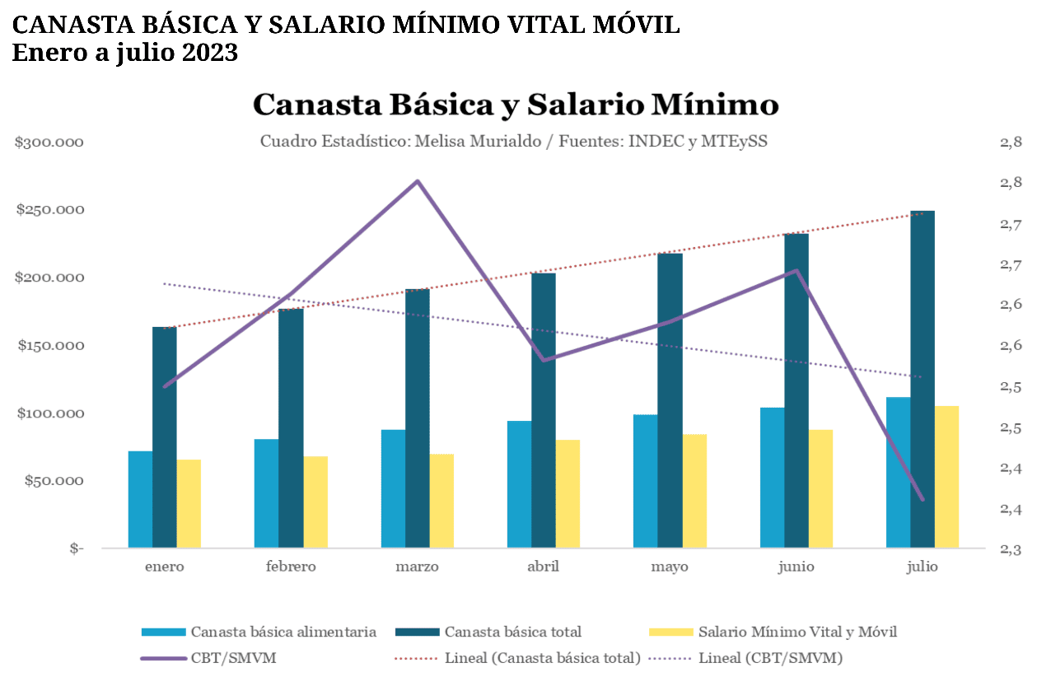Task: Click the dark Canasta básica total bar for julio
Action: click(x=923, y=379)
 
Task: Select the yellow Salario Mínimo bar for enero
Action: click(x=189, y=503)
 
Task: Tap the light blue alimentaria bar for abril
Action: click(x=519, y=484)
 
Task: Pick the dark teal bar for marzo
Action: click(x=418, y=418)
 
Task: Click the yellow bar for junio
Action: click(x=821, y=488)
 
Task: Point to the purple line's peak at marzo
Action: click(x=418, y=181)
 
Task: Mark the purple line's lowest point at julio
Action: click(x=923, y=499)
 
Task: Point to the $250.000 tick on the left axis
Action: click(x=50, y=210)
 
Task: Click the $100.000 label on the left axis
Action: click(x=50, y=413)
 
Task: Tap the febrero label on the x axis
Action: click(x=291, y=567)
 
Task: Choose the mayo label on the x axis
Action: click(x=670, y=567)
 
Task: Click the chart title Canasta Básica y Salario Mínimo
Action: click(x=516, y=105)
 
